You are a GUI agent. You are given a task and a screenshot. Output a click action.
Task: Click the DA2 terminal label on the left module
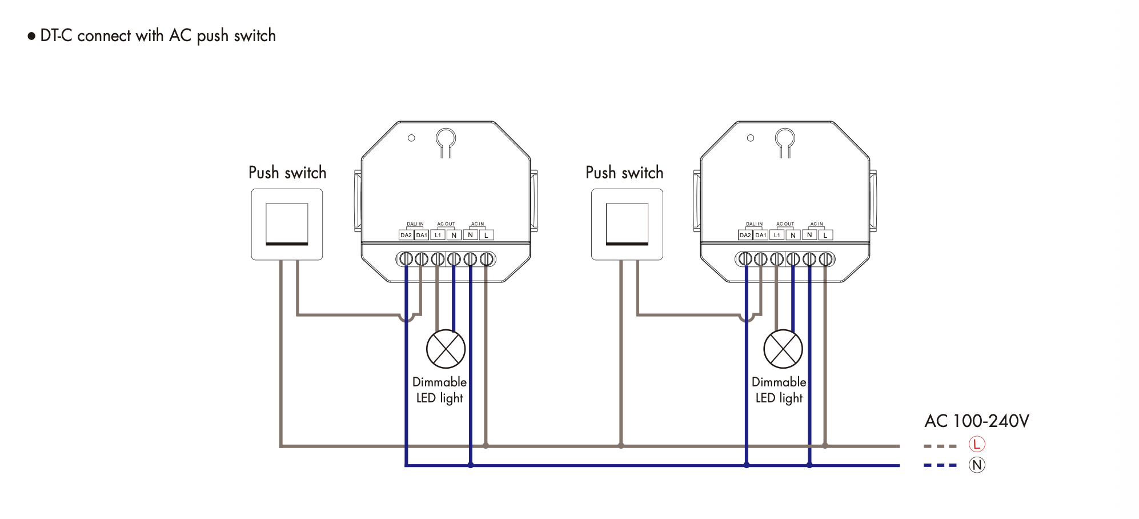point(406,235)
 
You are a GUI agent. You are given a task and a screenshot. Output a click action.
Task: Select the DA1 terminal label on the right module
point(760,235)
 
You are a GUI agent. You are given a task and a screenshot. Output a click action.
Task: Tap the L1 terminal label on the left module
point(438,235)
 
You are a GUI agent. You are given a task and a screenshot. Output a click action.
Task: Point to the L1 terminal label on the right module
point(777,235)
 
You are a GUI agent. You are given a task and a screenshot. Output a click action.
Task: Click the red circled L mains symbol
point(977,444)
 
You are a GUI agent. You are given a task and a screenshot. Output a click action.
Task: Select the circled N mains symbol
point(977,465)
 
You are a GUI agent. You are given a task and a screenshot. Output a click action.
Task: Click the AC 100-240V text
point(977,421)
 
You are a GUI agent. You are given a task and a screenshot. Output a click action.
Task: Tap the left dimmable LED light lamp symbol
point(446,349)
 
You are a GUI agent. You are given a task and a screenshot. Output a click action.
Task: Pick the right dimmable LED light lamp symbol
point(783,349)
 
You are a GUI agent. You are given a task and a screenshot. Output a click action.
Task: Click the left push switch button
point(287,224)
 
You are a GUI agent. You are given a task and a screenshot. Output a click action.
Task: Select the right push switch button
point(627,224)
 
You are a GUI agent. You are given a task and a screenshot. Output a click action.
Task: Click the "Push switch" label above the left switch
point(287,173)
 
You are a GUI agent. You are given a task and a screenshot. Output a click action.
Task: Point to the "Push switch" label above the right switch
point(624,173)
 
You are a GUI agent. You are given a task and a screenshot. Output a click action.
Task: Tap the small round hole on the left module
point(411,138)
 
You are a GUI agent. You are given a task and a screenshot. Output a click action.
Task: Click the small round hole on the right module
point(751,138)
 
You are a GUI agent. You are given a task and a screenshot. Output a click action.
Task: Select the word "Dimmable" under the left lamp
point(439,382)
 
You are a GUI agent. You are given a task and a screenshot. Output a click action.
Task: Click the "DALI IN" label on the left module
point(415,224)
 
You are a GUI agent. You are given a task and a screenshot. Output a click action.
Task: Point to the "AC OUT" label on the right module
point(785,224)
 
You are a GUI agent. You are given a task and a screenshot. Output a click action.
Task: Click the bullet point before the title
point(31,37)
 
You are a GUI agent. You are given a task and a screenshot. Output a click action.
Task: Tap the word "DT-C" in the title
point(56,35)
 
